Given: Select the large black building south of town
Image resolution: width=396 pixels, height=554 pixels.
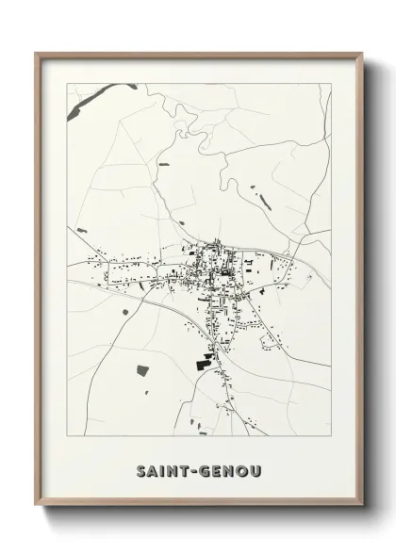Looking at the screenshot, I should click(204, 360).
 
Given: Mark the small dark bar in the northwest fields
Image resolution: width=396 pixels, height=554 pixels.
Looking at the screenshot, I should click(164, 166).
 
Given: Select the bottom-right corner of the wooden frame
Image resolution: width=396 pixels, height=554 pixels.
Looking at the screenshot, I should click(362, 506).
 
